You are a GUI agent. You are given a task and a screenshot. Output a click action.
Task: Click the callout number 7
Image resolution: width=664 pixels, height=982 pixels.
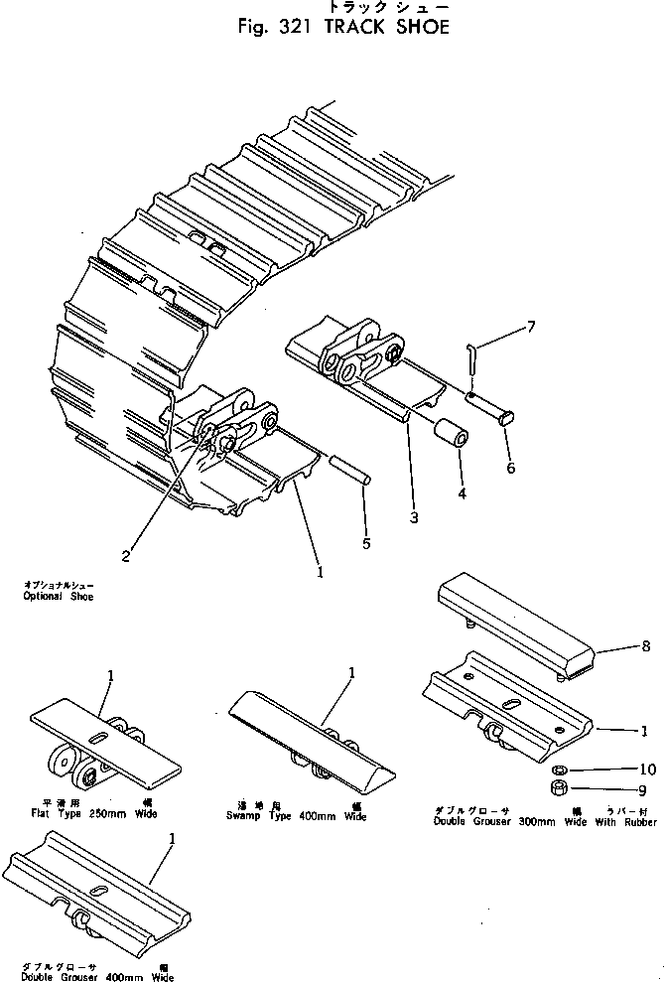[532, 328]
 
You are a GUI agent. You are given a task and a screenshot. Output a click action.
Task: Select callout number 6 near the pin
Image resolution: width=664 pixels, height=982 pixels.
[510, 468]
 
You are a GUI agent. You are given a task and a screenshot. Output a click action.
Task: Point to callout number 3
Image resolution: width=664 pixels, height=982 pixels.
[412, 517]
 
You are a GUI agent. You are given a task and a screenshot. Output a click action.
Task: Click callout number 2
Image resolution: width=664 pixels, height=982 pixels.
[125, 556]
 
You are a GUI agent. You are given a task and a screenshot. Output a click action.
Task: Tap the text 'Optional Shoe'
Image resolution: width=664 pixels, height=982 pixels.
[57, 597]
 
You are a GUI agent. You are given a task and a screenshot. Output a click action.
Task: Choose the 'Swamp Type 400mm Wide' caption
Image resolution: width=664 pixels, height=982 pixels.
[296, 816]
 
